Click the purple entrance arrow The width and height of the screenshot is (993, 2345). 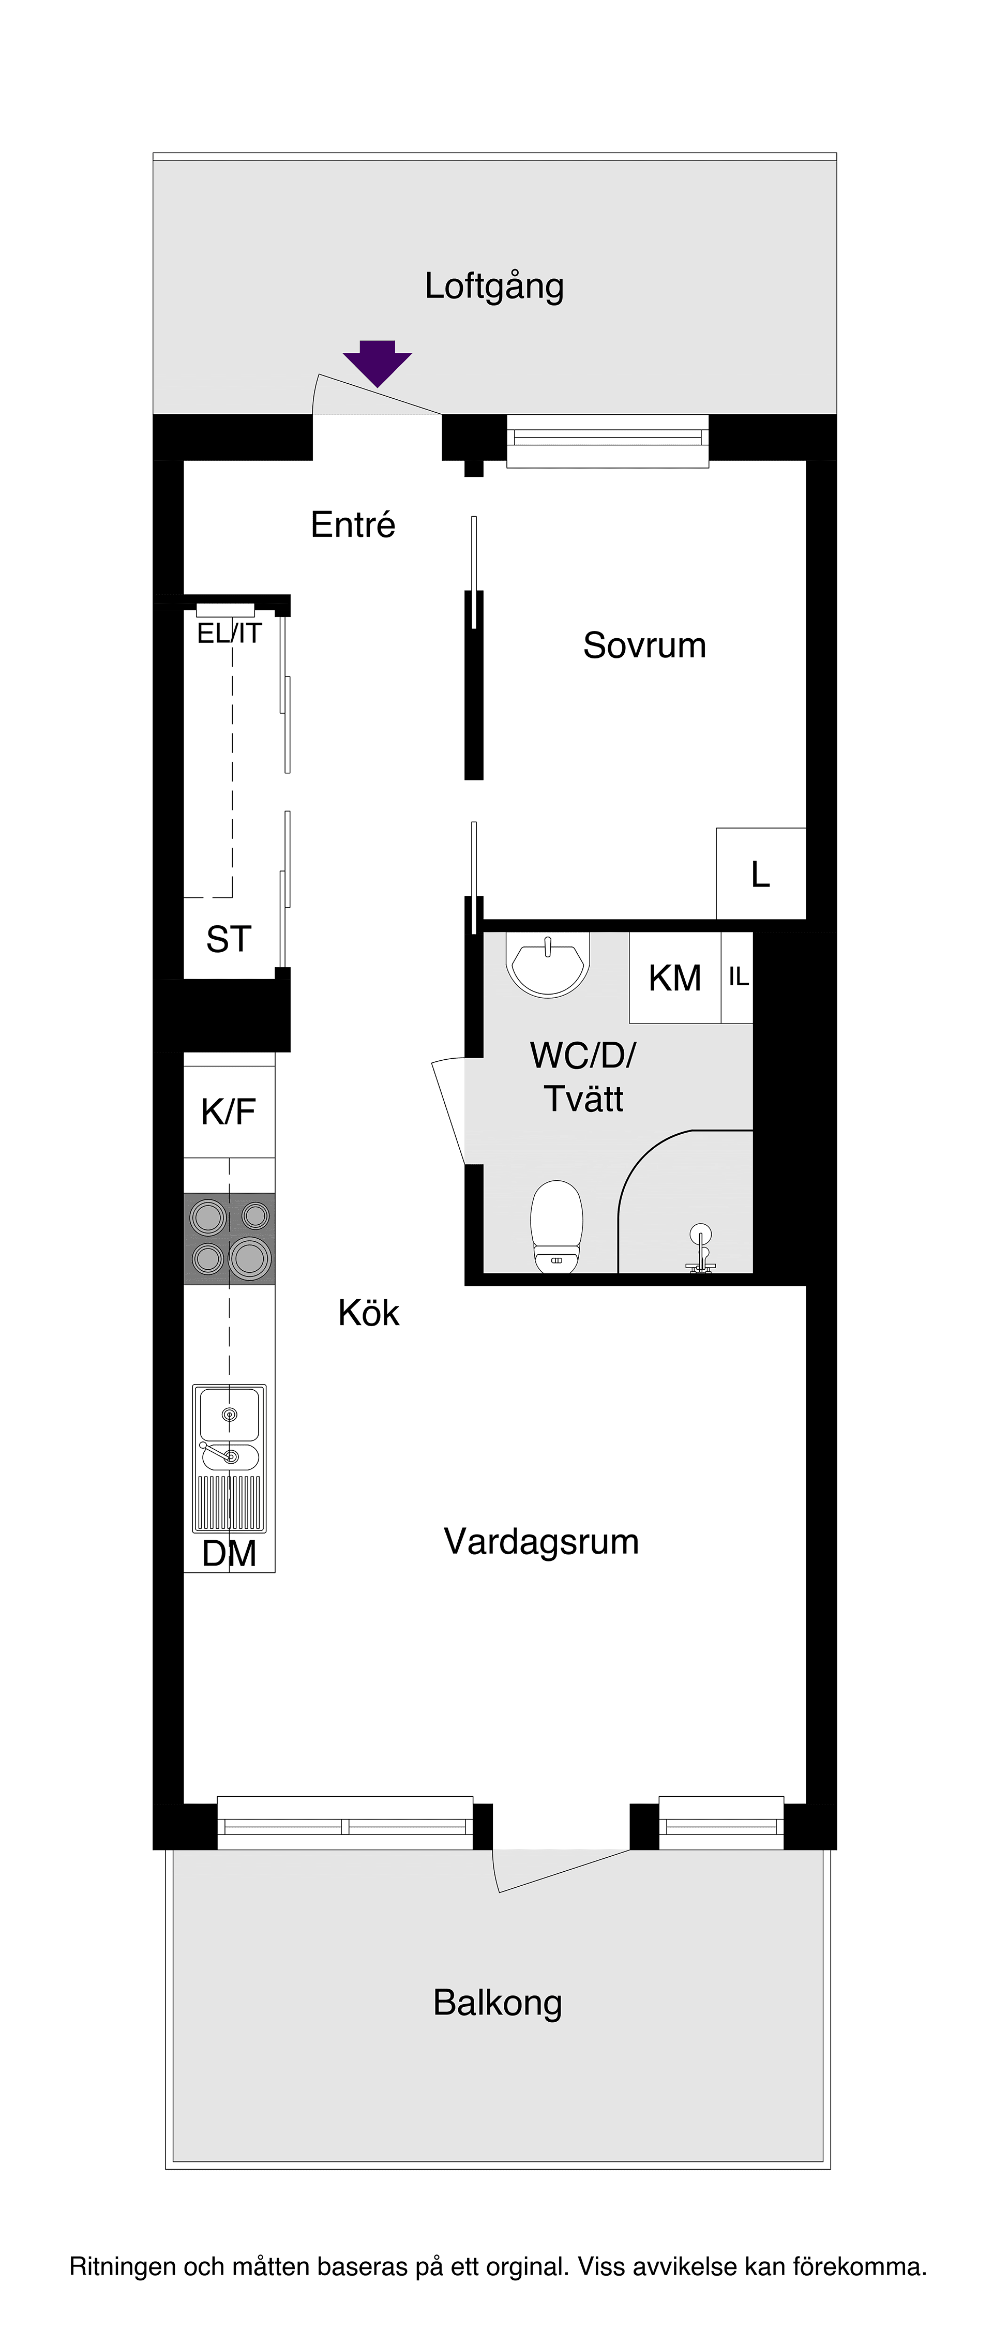pos(377,363)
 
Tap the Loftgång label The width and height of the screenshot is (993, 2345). pos(494,287)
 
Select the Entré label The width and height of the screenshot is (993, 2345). pos(353,525)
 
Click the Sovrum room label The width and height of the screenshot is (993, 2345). pos(644,645)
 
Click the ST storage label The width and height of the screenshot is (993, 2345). pos(229,939)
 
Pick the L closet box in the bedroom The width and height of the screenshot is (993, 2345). pos(760,875)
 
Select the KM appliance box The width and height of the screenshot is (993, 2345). pos(674,978)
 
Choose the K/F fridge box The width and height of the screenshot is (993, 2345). pos(229,1111)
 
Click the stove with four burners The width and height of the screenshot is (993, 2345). pos(229,1238)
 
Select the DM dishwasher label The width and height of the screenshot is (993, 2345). pos(229,1553)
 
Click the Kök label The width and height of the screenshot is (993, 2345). pos(369,1313)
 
